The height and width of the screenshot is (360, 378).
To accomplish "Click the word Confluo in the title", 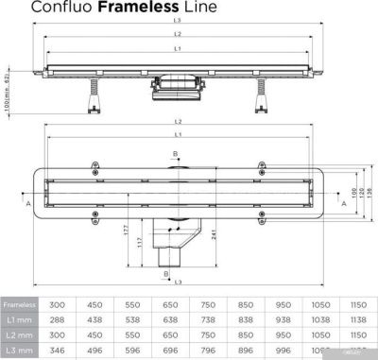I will (63, 9).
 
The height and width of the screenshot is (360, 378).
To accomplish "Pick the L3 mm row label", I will (19, 351).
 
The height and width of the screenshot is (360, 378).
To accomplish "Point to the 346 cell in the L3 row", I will (58, 351).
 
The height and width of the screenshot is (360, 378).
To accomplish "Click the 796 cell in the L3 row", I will (209, 351).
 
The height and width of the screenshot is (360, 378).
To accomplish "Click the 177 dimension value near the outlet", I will (127, 229).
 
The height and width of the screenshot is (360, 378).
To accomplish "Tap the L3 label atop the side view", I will (176, 20).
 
